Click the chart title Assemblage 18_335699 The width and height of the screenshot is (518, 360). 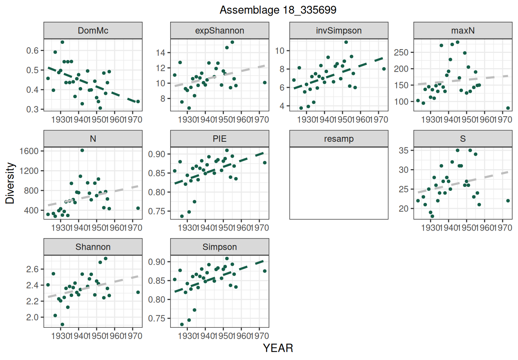click(278, 10)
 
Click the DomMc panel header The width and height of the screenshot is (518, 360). click(93, 30)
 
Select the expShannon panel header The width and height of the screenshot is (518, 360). click(220, 30)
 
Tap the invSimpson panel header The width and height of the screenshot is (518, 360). click(339, 30)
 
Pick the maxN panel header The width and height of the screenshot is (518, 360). click(463, 30)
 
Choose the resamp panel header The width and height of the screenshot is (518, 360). click(339, 139)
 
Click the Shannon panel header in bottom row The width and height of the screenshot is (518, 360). click(93, 247)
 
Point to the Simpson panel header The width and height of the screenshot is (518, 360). click(220, 247)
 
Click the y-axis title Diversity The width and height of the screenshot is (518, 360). click(10, 183)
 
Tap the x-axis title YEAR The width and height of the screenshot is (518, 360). click(278, 348)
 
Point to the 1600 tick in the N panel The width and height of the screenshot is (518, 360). click(29, 151)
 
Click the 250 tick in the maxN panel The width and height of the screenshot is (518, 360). click(401, 52)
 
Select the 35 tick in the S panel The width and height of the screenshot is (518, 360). click(404, 150)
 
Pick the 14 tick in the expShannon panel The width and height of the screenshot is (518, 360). click(160, 52)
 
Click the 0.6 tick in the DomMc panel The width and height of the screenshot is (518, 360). click(33, 51)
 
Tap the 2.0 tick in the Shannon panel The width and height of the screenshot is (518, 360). click(33, 317)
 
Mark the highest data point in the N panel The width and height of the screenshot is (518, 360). click(82, 150)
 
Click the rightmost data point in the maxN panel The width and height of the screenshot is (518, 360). click(508, 108)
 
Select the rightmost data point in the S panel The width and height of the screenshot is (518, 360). click(508, 201)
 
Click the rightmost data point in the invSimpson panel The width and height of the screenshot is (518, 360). click(384, 69)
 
